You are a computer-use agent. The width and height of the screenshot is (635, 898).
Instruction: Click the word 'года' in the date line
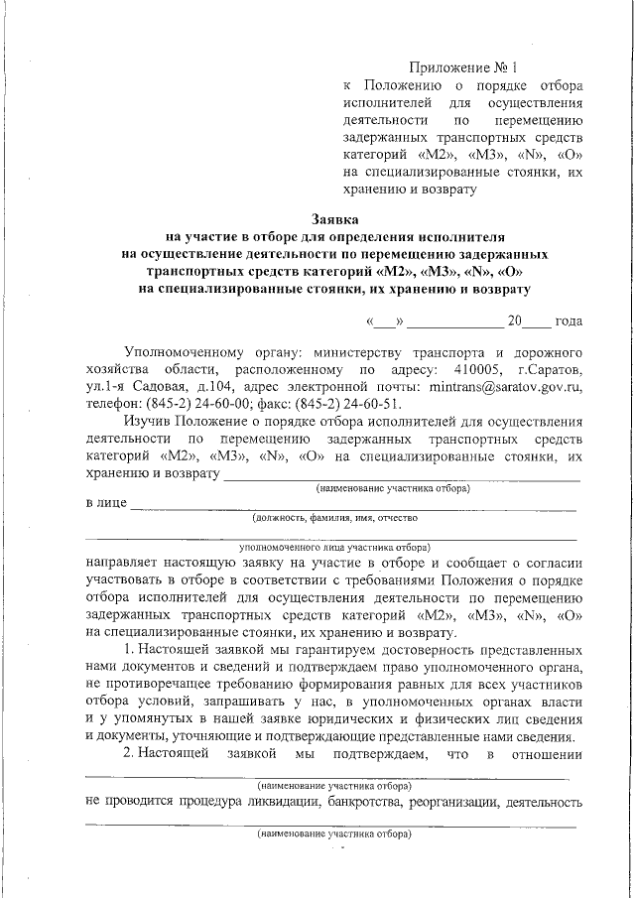click(x=569, y=321)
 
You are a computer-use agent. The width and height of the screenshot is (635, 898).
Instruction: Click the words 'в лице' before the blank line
click(x=106, y=505)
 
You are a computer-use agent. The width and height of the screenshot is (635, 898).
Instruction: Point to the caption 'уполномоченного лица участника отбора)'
click(x=334, y=547)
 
